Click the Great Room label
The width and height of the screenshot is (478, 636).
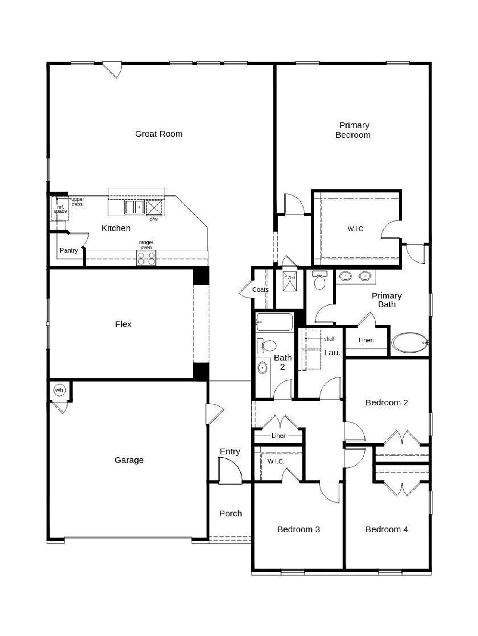159,134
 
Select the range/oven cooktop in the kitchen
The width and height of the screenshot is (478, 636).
146,258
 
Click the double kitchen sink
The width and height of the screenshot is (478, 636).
134,207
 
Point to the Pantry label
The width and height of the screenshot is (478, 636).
69,250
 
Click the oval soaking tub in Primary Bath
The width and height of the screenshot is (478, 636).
410,342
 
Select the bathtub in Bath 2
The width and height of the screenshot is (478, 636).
274,322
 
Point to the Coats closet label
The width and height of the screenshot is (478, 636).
260,290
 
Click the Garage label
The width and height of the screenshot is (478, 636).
129,460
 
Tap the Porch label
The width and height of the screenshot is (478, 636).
230,514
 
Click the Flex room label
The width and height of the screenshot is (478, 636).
123,324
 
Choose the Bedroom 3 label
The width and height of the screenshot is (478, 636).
298,529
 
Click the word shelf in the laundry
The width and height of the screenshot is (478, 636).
329,339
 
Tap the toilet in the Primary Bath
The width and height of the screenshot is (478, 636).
320,281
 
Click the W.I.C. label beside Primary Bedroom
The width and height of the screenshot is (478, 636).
356,229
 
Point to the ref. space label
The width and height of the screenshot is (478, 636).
60,209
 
